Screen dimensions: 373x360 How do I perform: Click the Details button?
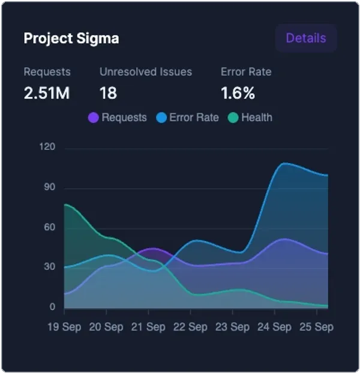click(306, 38)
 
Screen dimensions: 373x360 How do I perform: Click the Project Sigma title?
click(71, 38)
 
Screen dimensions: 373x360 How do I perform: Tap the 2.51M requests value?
click(47, 94)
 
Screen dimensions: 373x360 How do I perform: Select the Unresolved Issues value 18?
click(108, 94)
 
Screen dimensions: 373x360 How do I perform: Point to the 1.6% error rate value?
click(238, 94)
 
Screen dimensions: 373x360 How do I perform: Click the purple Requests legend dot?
click(94, 118)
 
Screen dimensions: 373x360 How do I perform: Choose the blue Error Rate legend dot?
click(161, 118)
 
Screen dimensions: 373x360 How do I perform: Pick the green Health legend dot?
click(233, 118)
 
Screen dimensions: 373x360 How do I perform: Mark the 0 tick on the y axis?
click(52, 308)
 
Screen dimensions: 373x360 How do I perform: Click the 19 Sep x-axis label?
click(64, 327)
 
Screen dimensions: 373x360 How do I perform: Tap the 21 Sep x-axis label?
click(148, 327)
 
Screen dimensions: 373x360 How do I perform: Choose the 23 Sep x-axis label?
click(232, 327)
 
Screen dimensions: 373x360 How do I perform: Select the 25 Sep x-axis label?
click(316, 327)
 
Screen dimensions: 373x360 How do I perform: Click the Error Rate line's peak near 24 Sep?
click(284, 163)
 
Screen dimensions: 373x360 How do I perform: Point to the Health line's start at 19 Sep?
click(65, 205)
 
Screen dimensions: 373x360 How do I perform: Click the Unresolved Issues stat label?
click(146, 72)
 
